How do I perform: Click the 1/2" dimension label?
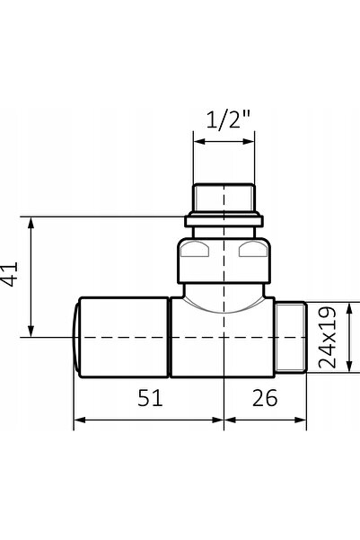tap(229, 120)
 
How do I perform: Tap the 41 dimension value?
tap(10, 274)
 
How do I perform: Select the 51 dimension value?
tap(150, 397)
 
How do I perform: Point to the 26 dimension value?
tap(265, 397)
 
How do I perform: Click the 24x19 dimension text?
tap(327, 337)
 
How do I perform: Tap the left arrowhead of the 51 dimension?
tap(80, 420)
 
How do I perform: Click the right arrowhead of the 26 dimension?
tap(301, 420)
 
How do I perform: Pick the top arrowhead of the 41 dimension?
tap(31, 223)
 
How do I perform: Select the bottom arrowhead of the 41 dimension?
tap(31, 331)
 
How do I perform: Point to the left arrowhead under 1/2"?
tap(199, 141)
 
